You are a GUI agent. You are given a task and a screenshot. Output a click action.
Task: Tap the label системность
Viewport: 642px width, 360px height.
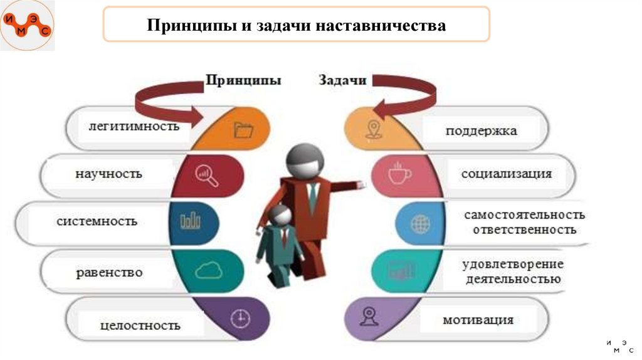pyautogui.click(x=97, y=221)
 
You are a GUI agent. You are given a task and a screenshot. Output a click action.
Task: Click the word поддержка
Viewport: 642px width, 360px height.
pyautogui.click(x=481, y=131)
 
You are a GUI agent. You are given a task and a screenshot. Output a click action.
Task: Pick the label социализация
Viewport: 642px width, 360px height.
pyautogui.click(x=507, y=174)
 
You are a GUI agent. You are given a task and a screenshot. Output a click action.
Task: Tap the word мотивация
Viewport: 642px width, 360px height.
pyautogui.click(x=478, y=320)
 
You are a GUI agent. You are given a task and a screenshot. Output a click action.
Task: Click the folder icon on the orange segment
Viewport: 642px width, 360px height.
pyautogui.click(x=243, y=130)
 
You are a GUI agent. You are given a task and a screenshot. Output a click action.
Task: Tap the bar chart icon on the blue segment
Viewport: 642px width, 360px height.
pyautogui.click(x=190, y=221)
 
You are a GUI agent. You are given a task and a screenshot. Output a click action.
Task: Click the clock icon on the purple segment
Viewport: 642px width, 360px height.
pyautogui.click(x=239, y=319)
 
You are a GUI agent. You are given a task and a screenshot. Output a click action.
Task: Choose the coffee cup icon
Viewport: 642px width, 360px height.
pyautogui.click(x=397, y=174)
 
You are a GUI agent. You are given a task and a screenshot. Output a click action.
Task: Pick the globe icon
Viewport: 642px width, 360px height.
pyautogui.click(x=419, y=223)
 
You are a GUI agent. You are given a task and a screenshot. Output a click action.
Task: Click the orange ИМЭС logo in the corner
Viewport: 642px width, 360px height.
pyautogui.click(x=26, y=26)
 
